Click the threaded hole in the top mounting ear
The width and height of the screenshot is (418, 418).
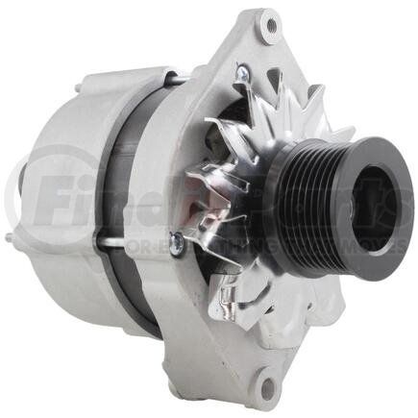click(x=270, y=24)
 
